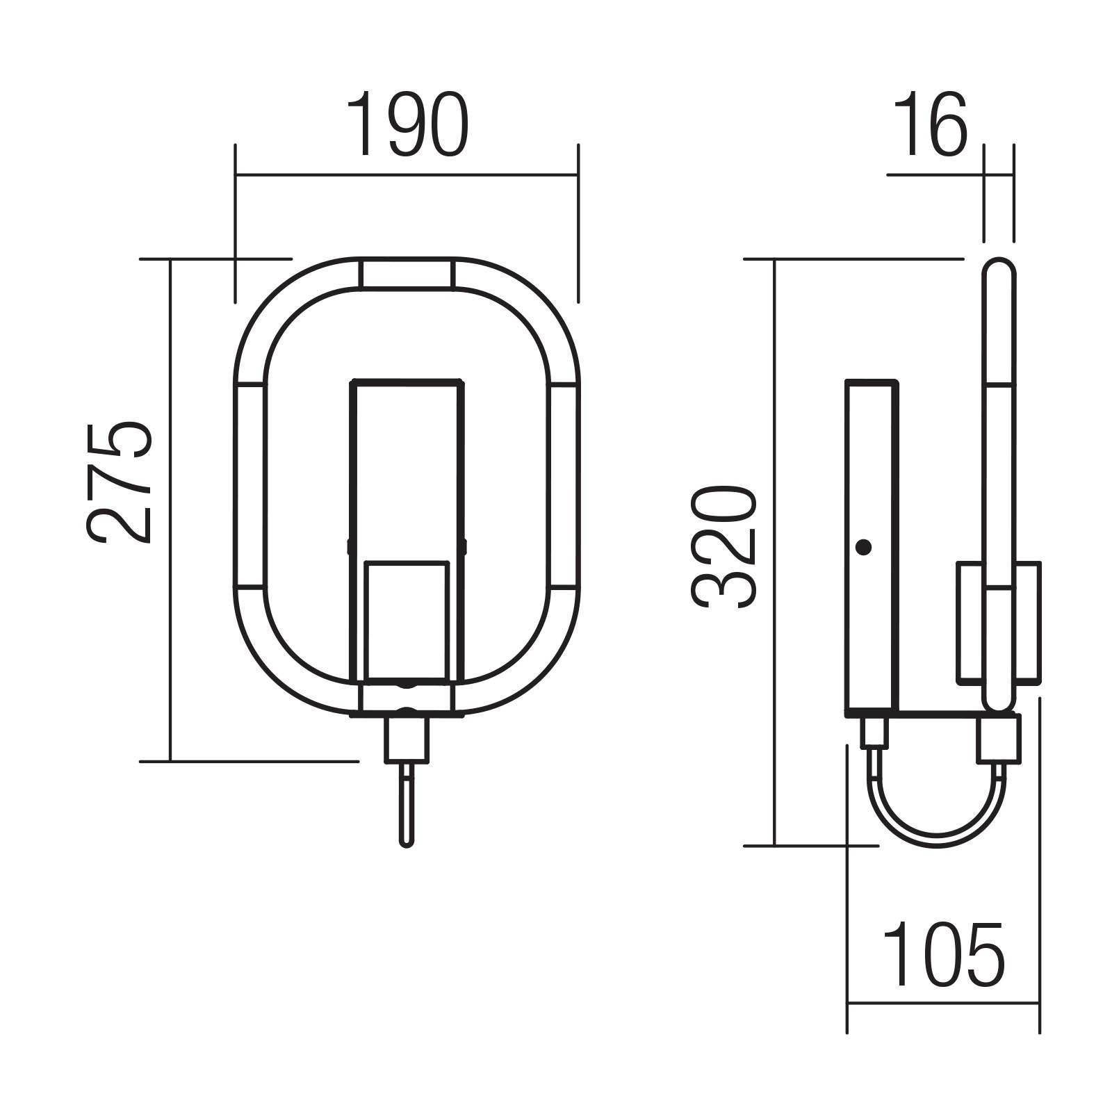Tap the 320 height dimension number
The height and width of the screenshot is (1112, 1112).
pos(723,548)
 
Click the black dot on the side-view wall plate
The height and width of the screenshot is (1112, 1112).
pos(863,548)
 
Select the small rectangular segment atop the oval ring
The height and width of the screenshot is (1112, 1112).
pos(406,273)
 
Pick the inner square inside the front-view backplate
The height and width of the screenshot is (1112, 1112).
pos(407,621)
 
